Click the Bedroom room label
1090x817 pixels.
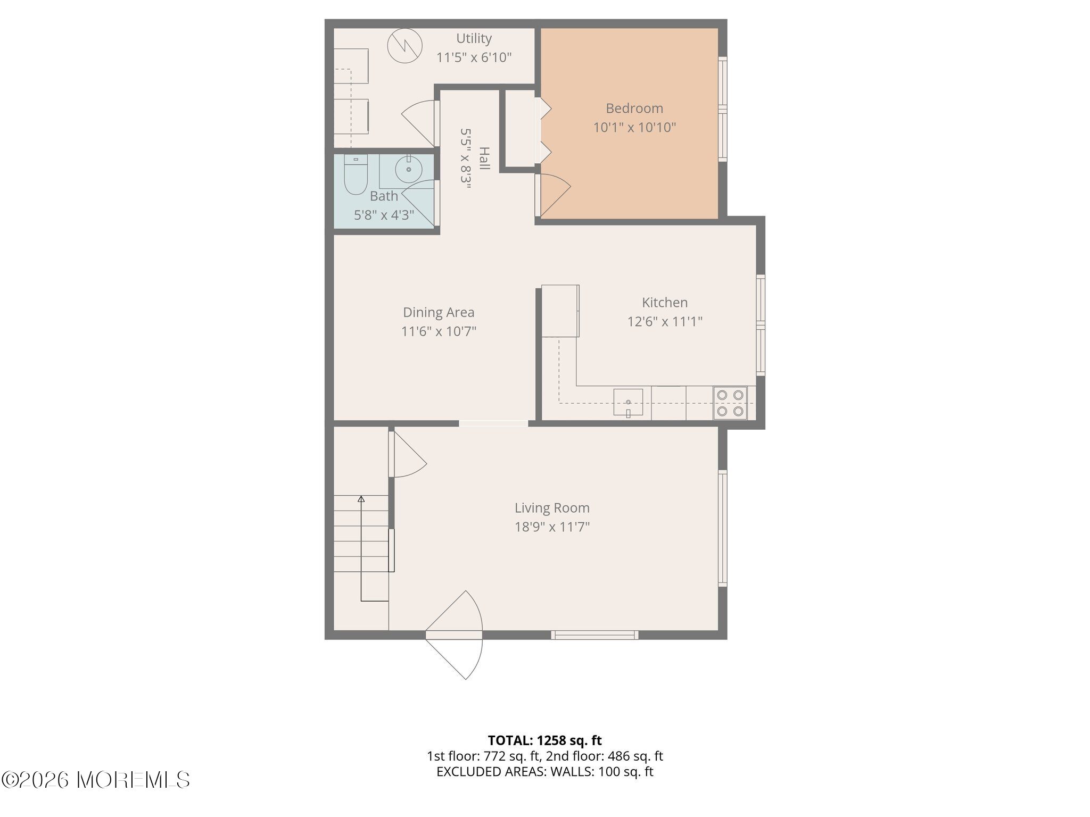634,109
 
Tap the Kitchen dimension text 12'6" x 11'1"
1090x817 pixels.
665,321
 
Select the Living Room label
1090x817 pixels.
552,508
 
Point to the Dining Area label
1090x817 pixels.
439,312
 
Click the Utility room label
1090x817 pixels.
474,38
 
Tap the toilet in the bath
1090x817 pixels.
356,174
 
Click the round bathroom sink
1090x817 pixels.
409,169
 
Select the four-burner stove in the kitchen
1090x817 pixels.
730,403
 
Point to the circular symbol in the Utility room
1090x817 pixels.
404,46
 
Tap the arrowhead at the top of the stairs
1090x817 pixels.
361,499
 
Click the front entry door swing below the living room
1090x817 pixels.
455,635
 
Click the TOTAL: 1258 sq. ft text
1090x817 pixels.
544,740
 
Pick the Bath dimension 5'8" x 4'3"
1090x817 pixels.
384,215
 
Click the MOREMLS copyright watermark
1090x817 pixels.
96,780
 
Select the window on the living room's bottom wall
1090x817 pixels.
594,635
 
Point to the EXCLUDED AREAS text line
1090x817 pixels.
544,772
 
